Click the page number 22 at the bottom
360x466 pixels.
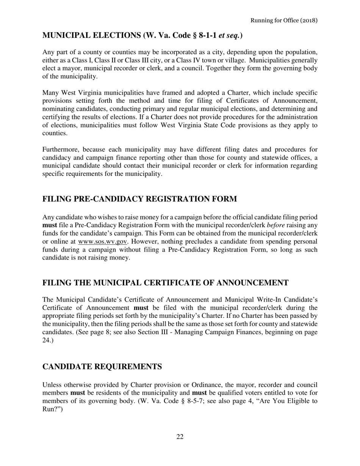click(x=180, y=437)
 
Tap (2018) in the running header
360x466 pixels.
click(x=308, y=20)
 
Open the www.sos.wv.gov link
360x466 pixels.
click(x=103, y=242)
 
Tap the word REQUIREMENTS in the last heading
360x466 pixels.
click(x=129, y=367)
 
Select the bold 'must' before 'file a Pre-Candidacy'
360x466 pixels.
click(x=50, y=225)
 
